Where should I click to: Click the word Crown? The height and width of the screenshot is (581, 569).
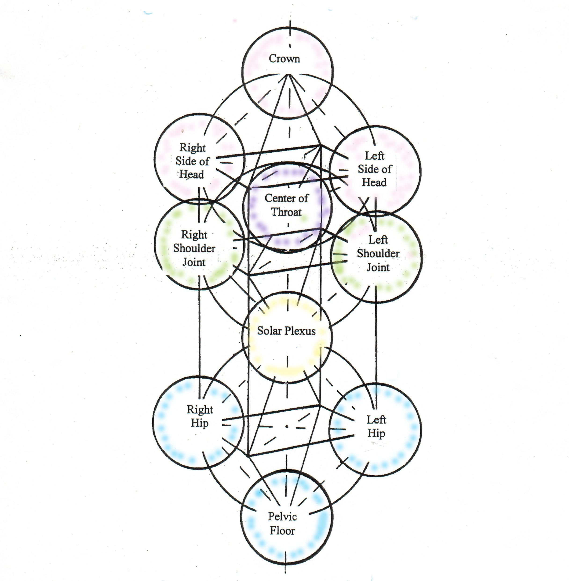click(x=284, y=58)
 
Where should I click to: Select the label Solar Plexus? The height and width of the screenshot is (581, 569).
click(x=286, y=331)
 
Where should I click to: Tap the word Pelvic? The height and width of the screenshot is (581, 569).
click(x=282, y=516)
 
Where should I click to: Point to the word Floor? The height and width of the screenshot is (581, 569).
click(x=282, y=531)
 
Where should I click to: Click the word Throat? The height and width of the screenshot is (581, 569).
click(x=286, y=212)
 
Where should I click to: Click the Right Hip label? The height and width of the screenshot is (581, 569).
click(x=200, y=416)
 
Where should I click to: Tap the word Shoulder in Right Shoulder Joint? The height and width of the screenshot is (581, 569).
click(x=194, y=248)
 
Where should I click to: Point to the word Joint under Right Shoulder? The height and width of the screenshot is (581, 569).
click(x=194, y=262)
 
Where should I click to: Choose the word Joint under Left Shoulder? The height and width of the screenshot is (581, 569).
click(x=378, y=267)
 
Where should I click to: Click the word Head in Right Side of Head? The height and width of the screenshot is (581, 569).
click(x=192, y=174)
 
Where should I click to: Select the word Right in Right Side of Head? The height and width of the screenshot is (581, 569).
click(x=193, y=147)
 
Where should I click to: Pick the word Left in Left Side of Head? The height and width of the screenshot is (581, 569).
click(x=374, y=156)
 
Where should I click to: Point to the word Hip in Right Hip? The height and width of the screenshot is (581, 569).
click(x=199, y=423)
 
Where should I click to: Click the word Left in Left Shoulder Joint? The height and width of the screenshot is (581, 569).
click(x=378, y=240)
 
